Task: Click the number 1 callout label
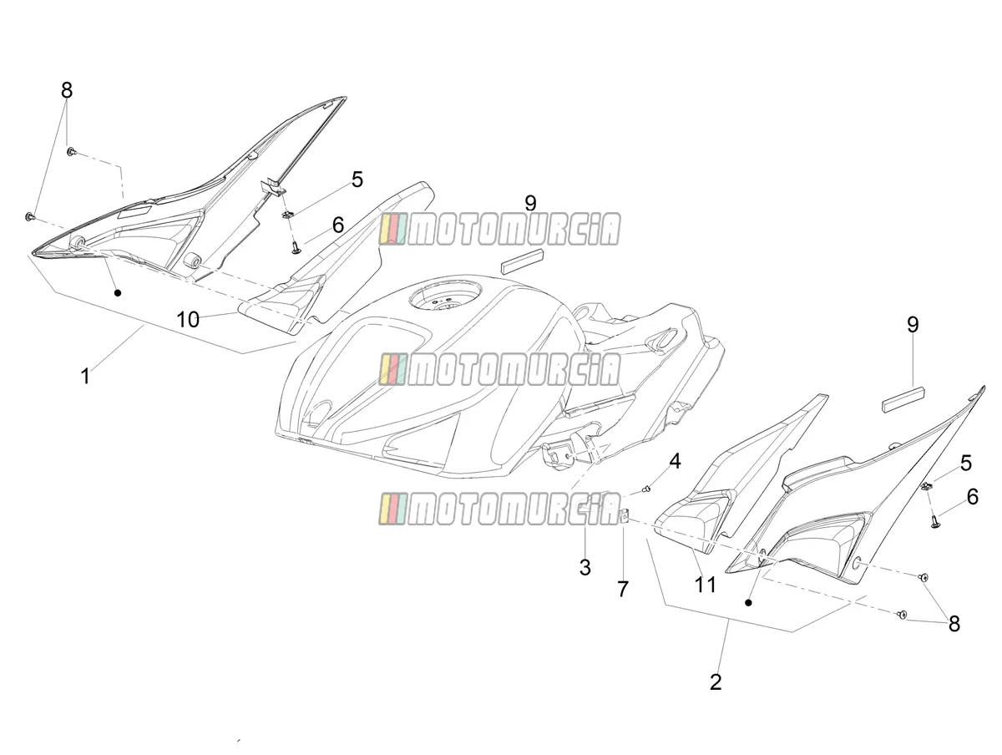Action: click(x=85, y=376)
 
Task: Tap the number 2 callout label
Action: click(x=716, y=682)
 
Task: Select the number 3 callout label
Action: click(x=584, y=567)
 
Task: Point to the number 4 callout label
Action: click(x=674, y=462)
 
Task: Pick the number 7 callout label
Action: click(x=623, y=589)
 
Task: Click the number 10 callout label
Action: click(x=188, y=320)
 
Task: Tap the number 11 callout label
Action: click(x=705, y=585)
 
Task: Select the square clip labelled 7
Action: click(x=624, y=516)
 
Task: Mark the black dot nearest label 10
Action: click(x=118, y=292)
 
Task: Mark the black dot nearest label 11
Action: click(x=747, y=603)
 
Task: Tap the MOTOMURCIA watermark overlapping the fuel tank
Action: click(x=500, y=369)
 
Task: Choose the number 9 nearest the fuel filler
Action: click(x=530, y=204)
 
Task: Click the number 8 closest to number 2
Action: click(x=954, y=624)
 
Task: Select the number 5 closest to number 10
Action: click(x=357, y=180)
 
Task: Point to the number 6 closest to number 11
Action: click(x=972, y=497)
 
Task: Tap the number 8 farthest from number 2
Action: click(x=67, y=90)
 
